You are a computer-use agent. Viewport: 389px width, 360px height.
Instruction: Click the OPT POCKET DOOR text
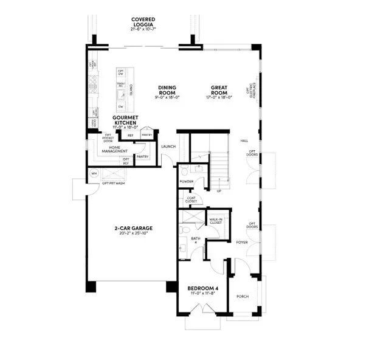point(108,138)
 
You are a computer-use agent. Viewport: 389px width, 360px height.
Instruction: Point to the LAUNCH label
point(168,146)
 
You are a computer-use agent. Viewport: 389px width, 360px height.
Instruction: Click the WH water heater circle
point(94,173)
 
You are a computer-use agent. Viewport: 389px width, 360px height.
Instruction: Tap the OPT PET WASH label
point(114,182)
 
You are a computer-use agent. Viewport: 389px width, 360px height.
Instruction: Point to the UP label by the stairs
point(219,190)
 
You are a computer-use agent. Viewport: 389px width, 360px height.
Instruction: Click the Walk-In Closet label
point(216,221)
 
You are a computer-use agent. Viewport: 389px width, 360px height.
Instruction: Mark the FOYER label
point(242,242)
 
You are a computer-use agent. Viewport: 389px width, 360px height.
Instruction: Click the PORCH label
point(242,296)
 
